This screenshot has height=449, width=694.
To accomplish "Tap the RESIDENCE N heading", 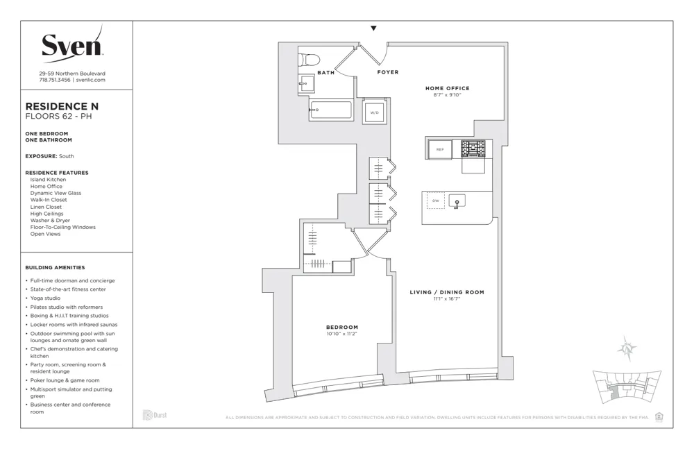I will [62, 106].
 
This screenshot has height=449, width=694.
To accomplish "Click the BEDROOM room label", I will [342, 327].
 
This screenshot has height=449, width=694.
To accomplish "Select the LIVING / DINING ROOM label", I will [446, 292].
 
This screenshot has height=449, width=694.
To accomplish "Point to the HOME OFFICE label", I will [447, 88].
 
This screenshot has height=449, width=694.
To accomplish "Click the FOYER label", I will [387, 72].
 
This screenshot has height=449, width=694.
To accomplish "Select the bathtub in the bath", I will [331, 110].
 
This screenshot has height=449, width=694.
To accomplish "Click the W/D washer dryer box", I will [374, 112].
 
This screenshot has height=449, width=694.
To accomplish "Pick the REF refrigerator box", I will [439, 149].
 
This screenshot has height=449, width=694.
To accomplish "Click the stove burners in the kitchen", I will [473, 149].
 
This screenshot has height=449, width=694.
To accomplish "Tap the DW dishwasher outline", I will [436, 201].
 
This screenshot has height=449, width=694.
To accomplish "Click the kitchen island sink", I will [457, 201].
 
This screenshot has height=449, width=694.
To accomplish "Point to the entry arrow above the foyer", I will [373, 28].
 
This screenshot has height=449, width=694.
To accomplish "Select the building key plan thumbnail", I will [624, 388].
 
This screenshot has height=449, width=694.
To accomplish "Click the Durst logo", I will [155, 415].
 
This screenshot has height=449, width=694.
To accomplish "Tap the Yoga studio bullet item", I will [45, 298].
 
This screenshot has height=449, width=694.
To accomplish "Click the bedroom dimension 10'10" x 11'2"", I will [341, 334].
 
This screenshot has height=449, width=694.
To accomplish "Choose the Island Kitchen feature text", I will [48, 180].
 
